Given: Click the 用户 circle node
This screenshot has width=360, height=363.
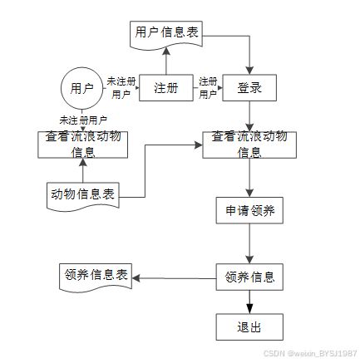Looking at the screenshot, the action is pos(81,88).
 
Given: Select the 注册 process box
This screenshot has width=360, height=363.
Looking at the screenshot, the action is pos(166,88).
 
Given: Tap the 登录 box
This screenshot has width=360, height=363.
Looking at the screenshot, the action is pos(249,88).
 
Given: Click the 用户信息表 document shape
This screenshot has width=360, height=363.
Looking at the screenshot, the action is pos(166,35).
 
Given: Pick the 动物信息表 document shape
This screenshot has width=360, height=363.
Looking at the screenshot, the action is pos(83,196).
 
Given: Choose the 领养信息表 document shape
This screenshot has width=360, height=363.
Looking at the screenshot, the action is pos(96,277).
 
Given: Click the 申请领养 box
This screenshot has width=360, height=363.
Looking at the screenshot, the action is pos(249,210).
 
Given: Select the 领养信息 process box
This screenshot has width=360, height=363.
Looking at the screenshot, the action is pos(249,277).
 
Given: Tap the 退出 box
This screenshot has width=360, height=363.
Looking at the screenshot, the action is pos(249,327).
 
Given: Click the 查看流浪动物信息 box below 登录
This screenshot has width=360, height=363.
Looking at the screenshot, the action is pos(249,145).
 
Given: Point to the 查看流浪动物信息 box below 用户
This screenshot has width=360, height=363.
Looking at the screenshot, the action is pos(83,145).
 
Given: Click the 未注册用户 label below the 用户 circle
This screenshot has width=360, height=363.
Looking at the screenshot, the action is pos(83,120).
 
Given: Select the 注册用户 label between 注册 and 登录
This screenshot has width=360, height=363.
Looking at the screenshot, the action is pos(208,88).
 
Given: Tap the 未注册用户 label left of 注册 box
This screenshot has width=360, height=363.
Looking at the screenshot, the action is pos(121,88).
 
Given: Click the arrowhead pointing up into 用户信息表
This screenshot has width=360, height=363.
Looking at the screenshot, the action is pos(166,51).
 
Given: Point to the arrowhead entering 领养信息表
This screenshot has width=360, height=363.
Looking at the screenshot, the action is pos(136,278).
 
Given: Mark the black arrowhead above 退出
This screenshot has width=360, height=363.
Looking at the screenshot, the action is pos(249,309).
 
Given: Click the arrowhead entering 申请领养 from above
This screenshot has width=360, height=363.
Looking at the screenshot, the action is pos(249,193).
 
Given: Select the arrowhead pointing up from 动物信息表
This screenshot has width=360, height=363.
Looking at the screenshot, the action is pos(83,163).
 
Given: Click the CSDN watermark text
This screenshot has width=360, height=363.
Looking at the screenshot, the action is pos(310,353).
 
